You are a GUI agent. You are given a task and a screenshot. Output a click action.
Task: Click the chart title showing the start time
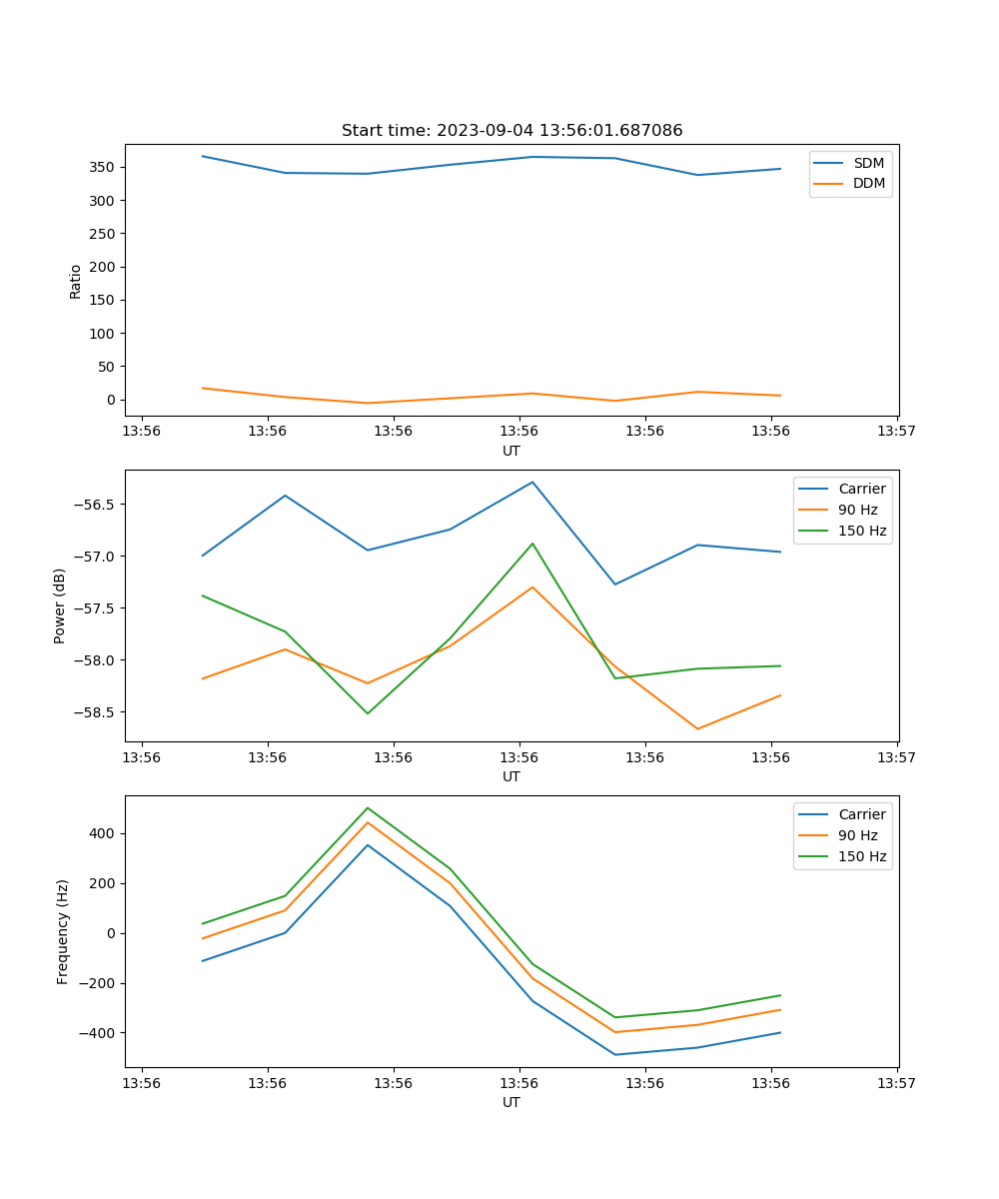[x=511, y=131]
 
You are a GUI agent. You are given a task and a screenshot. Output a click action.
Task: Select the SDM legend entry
[x=868, y=163]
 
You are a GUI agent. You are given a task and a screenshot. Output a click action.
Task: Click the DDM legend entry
[x=868, y=183]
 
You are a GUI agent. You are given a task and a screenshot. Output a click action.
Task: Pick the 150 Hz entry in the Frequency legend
[x=862, y=856]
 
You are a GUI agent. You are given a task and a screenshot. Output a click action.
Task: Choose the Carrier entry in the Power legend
[x=861, y=489]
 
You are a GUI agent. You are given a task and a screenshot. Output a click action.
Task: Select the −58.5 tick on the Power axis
[x=95, y=712]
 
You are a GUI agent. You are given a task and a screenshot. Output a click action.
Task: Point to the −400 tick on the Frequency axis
[x=96, y=1033]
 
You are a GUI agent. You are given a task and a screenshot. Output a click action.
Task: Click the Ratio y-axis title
[x=76, y=281]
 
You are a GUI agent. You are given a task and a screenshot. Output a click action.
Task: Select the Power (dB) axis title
[x=60, y=605]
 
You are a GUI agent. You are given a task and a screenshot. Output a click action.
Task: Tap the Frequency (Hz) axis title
[x=63, y=931]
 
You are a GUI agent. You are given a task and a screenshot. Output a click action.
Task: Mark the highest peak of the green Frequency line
[x=368, y=807]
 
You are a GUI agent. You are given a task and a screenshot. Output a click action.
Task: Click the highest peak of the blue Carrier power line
[x=532, y=482]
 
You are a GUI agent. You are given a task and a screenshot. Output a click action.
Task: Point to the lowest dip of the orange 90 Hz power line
[x=697, y=728]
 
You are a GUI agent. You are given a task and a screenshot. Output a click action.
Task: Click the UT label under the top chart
[x=511, y=451]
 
